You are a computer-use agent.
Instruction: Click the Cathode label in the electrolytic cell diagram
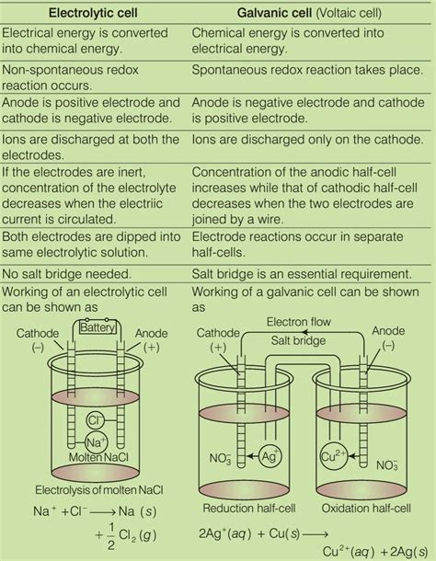coord(40,334)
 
